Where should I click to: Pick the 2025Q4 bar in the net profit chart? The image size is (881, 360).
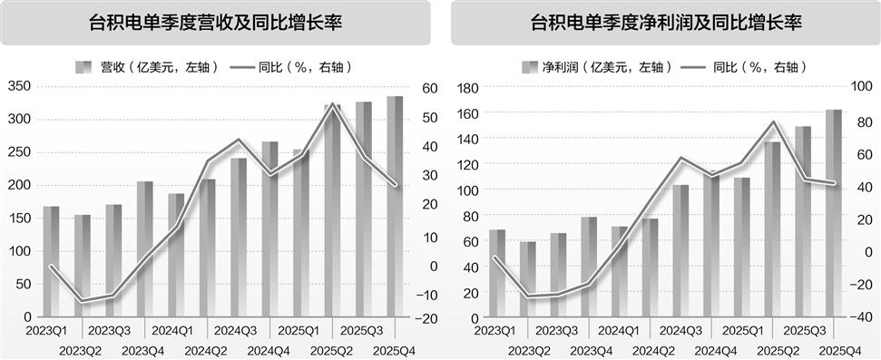pos(833,214)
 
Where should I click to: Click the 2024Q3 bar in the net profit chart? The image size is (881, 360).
pos(680,251)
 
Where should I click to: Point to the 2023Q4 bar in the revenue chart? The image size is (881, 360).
pos(144,249)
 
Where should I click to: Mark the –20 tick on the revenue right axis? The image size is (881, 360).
pos(426,319)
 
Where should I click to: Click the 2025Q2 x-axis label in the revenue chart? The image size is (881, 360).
pos(332,351)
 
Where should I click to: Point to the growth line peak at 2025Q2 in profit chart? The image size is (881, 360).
pos(773,122)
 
